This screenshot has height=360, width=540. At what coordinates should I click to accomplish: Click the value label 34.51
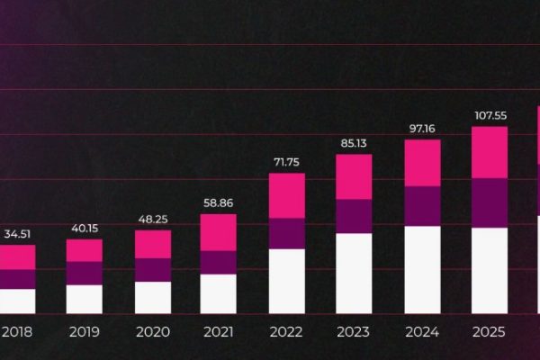(15, 235)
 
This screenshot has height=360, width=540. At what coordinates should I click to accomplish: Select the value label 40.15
(85, 229)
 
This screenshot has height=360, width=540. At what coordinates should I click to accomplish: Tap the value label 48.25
(152, 220)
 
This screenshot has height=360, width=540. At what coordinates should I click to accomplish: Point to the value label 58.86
(218, 204)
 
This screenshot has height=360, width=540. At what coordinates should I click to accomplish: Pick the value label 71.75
(286, 162)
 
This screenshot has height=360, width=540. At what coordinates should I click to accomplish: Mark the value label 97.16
(422, 129)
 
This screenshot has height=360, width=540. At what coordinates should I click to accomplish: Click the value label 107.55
(490, 115)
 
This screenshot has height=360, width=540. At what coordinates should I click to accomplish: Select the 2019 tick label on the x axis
(85, 332)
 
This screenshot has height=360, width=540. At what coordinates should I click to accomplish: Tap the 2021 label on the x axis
(218, 332)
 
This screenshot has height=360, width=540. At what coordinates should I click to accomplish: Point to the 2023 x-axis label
(354, 332)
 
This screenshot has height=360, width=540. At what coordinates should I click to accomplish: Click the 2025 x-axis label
(490, 332)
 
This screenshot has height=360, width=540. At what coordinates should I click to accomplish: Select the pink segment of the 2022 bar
(286, 195)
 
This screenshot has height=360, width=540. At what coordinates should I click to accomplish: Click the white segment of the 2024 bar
(422, 269)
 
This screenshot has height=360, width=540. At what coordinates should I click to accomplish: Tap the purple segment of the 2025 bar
(490, 202)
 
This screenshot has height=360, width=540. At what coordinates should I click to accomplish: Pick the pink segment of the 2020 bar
(152, 244)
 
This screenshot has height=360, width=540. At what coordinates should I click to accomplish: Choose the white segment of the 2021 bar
(218, 293)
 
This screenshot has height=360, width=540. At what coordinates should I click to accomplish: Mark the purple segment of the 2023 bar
(354, 216)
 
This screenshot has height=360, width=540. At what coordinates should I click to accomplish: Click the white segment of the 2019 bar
(85, 299)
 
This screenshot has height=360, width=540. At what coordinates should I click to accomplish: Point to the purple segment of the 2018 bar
(16, 279)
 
